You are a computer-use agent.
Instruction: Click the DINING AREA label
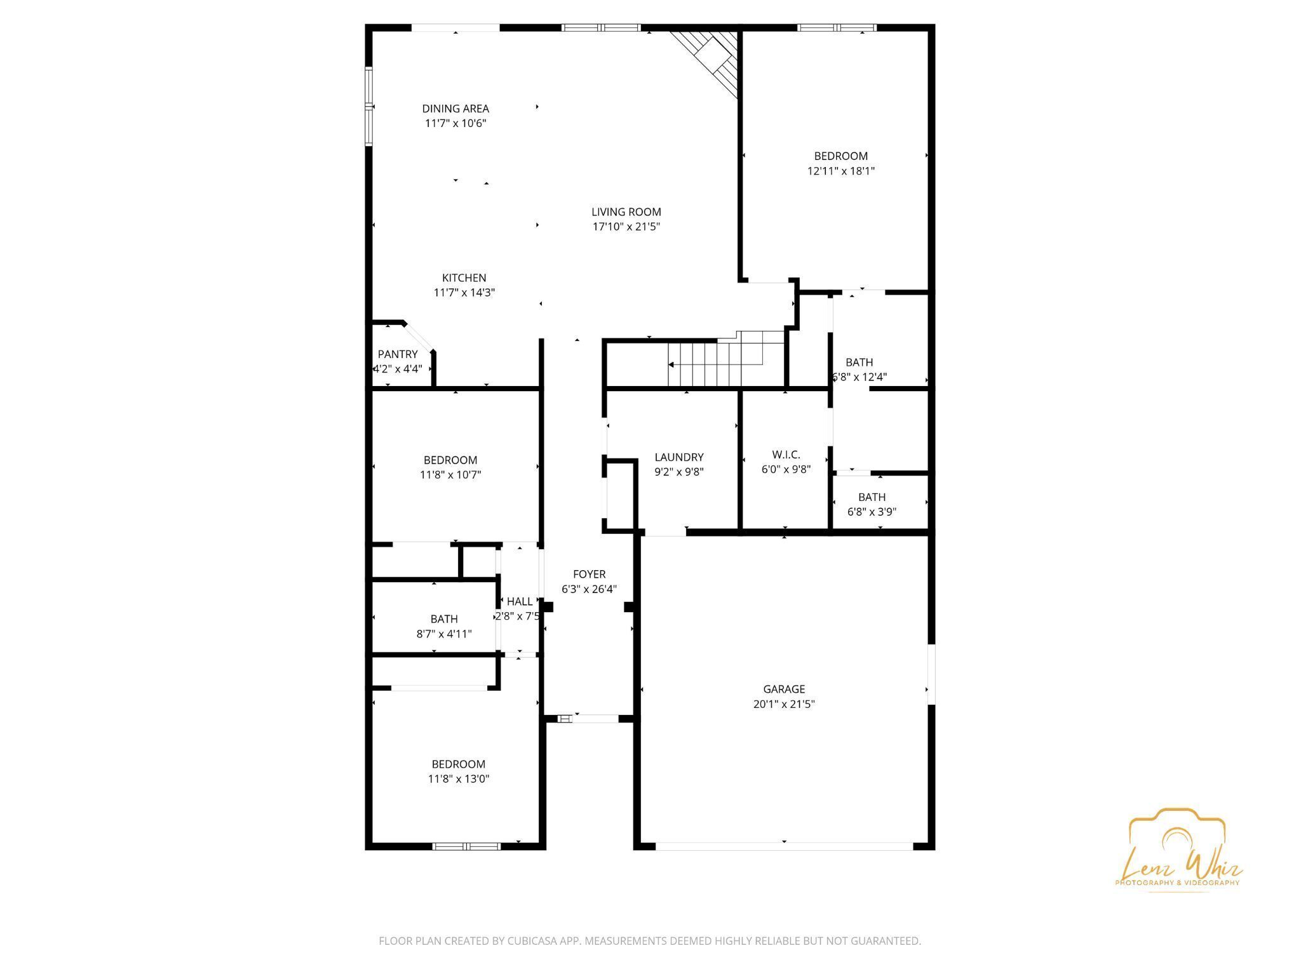click(455, 109)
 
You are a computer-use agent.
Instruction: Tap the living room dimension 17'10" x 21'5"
click(626, 227)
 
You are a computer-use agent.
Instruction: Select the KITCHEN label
click(464, 277)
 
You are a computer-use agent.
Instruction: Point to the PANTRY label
click(398, 354)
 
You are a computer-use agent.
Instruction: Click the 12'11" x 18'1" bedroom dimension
click(840, 171)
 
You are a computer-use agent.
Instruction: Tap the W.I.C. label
click(786, 455)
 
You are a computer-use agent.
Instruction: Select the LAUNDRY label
click(679, 457)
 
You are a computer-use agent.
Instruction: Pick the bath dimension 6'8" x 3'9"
click(872, 512)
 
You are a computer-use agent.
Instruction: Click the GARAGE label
click(784, 689)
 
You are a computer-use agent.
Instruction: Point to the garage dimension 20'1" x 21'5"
click(784, 704)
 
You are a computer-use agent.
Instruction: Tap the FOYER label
click(589, 574)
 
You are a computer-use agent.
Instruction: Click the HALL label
click(520, 602)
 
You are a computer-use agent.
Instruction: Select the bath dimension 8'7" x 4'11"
click(443, 634)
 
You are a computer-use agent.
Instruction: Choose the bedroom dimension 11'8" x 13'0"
click(458, 779)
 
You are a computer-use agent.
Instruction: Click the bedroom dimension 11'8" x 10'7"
click(450, 475)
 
